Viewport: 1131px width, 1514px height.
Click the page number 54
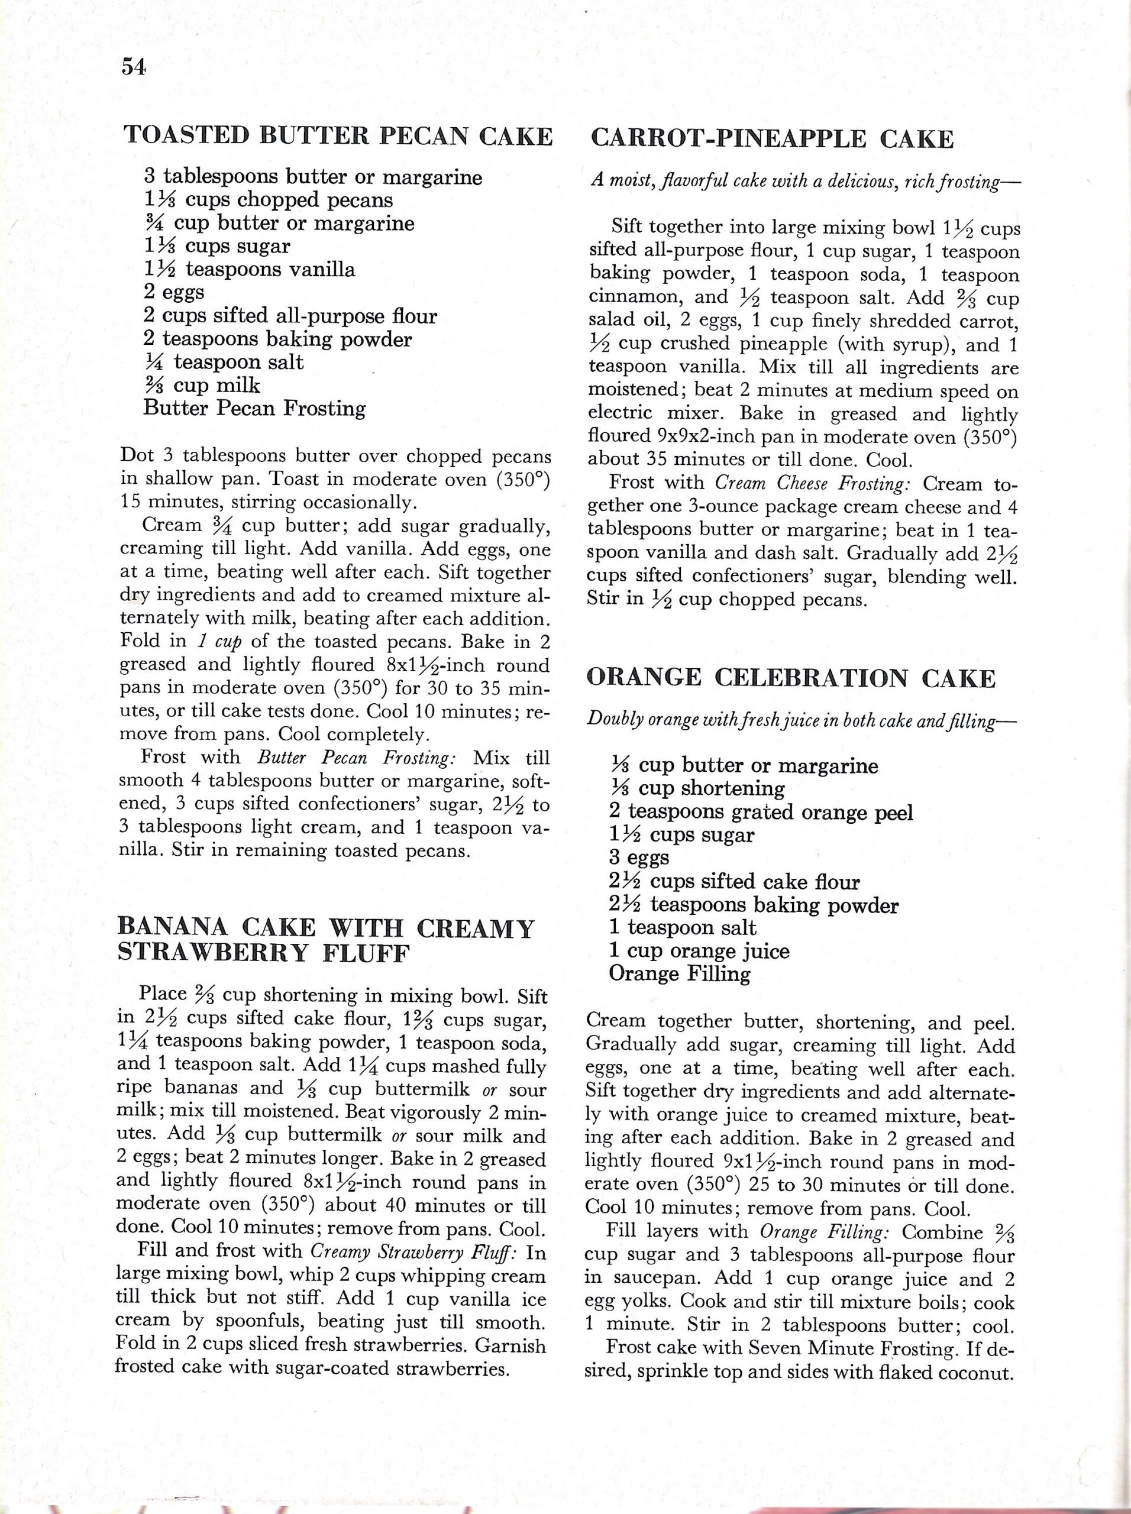pos(134,67)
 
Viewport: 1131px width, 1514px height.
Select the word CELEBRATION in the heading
pos(813,678)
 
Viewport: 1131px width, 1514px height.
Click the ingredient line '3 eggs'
pos(638,858)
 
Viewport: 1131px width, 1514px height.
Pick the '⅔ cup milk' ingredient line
pos(201,386)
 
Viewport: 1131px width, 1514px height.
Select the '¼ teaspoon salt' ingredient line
pos(223,362)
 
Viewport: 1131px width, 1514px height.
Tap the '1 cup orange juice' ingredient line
pos(699,951)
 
